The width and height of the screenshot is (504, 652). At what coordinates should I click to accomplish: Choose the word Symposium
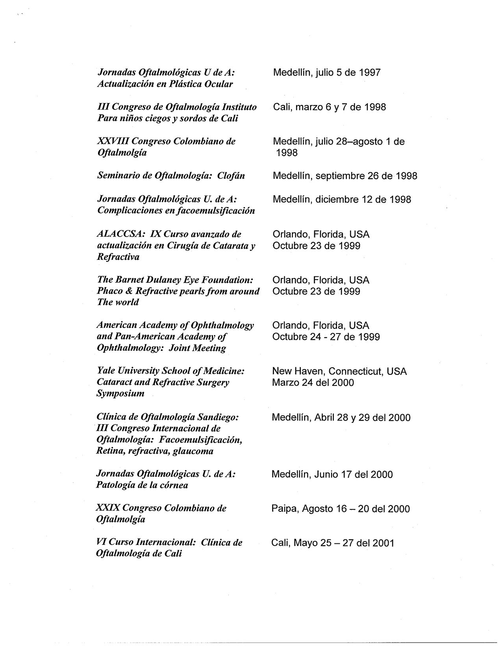tap(120, 393)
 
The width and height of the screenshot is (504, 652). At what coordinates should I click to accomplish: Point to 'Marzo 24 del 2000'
tap(313, 383)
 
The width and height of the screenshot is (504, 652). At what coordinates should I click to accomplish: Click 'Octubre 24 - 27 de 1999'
tap(326, 337)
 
